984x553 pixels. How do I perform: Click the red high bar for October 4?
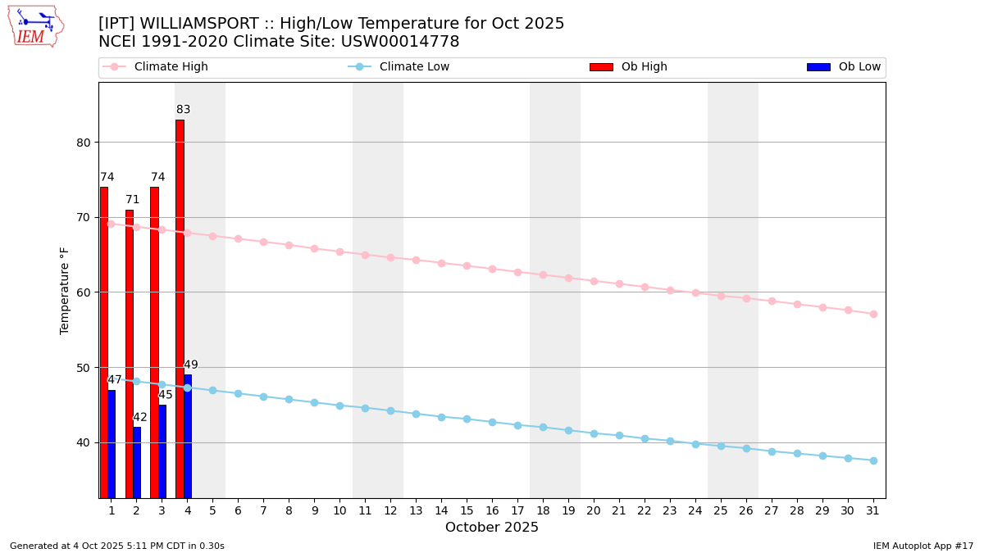[x=180, y=309]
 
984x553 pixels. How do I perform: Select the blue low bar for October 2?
[x=137, y=462]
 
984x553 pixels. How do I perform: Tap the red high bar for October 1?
[x=103, y=342]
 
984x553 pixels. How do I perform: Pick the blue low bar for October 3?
[x=162, y=451]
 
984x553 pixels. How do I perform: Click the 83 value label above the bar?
[x=183, y=110]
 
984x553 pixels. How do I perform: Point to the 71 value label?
[x=133, y=200]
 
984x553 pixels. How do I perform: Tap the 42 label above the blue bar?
[x=140, y=417]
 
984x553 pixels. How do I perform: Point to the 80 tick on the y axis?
[x=84, y=143]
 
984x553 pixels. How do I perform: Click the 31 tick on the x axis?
[x=873, y=510]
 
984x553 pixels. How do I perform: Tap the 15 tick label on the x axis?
[x=467, y=510]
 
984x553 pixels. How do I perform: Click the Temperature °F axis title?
[x=65, y=290]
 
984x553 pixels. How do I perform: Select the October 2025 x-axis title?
[x=492, y=528]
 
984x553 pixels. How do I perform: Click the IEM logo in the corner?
[x=35, y=26]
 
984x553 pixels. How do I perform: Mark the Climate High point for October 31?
[x=873, y=314]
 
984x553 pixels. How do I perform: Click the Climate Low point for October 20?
[x=594, y=433]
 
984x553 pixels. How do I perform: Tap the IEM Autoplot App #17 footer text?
[x=923, y=546]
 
